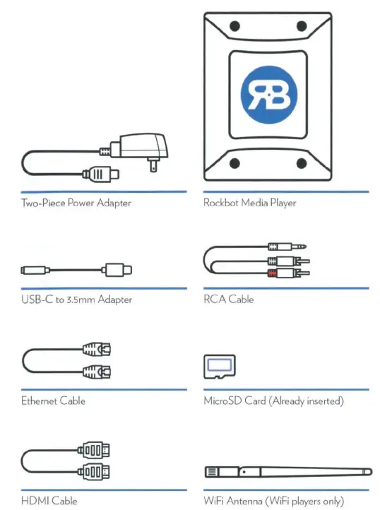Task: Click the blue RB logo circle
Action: tap(268, 93)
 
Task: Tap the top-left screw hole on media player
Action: tap(235, 26)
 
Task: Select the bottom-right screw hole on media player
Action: tap(302, 164)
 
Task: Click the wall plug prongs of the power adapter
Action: tap(151, 164)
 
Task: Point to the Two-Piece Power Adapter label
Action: tap(76, 203)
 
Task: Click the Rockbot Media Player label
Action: tap(249, 203)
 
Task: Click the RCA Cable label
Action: tap(228, 300)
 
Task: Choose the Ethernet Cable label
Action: tap(53, 401)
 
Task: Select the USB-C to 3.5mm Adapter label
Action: tap(76, 300)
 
